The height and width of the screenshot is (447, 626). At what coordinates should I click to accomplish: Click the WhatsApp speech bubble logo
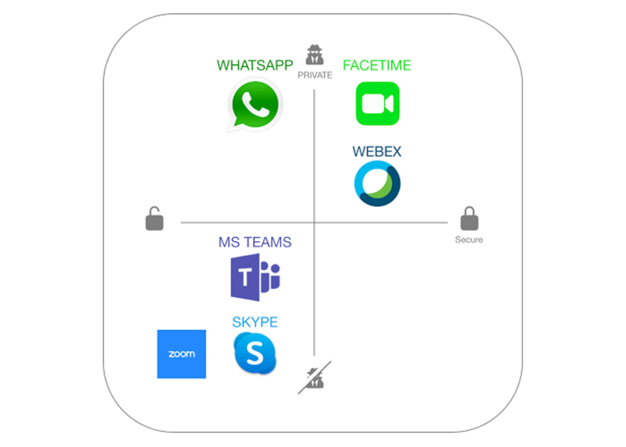pyautogui.click(x=254, y=104)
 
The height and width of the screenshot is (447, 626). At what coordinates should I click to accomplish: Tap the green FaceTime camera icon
pyautogui.click(x=377, y=104)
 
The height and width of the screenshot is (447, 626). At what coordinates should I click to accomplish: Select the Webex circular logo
pyautogui.click(x=377, y=184)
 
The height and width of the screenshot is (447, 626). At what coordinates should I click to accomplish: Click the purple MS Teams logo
pyautogui.click(x=255, y=278)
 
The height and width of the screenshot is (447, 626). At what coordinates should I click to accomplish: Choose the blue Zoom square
pyautogui.click(x=182, y=354)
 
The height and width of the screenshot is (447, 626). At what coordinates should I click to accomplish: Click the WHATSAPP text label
pyautogui.click(x=255, y=65)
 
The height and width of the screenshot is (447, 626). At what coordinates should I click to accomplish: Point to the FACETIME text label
pyautogui.click(x=377, y=65)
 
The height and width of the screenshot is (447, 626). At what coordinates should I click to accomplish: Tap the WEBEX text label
pyautogui.click(x=377, y=151)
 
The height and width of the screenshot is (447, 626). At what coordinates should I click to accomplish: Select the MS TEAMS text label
pyautogui.click(x=255, y=242)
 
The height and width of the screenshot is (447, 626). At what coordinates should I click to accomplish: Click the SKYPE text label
pyautogui.click(x=255, y=322)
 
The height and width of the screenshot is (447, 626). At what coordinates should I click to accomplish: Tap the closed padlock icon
pyautogui.click(x=469, y=219)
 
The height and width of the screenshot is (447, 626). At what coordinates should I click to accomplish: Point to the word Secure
pyautogui.click(x=469, y=240)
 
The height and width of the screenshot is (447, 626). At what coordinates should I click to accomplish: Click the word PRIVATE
pyautogui.click(x=315, y=76)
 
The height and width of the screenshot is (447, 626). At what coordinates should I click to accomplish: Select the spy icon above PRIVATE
pyautogui.click(x=315, y=56)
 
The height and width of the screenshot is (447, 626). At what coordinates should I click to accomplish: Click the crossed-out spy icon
pyautogui.click(x=315, y=377)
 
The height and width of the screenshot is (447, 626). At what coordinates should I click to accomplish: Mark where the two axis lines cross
pyautogui.click(x=314, y=223)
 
